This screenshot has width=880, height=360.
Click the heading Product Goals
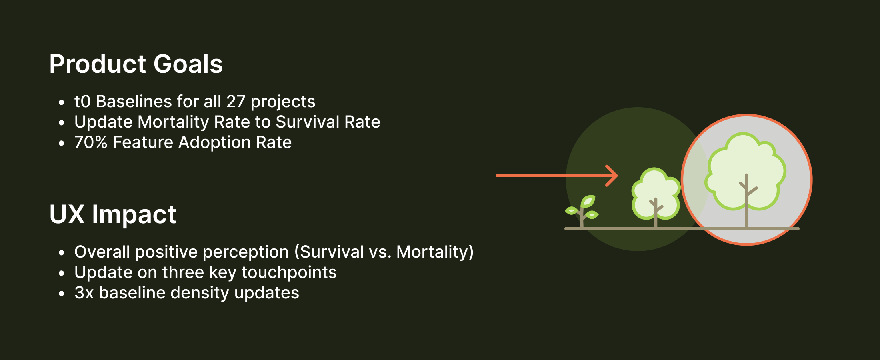136,64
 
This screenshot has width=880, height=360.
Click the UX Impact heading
112,214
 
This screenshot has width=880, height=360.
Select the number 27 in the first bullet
236,102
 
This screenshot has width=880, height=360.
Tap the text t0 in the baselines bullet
82,102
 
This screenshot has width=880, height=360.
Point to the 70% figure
91,142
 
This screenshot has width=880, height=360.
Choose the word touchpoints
289,272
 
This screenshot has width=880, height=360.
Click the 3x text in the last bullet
84,293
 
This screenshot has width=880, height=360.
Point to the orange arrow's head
614,176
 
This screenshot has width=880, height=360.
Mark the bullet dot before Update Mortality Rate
61,123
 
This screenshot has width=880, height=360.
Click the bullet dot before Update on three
61,273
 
